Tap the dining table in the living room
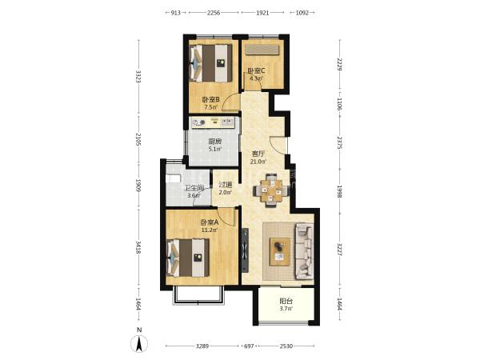(x=271, y=190)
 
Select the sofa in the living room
(x=304, y=251)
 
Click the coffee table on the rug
(x=280, y=251)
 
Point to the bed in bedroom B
(x=210, y=63)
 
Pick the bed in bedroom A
(x=188, y=258)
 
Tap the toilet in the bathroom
(x=173, y=178)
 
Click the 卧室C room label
(x=256, y=71)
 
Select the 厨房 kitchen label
(x=214, y=142)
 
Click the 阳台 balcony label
(x=286, y=301)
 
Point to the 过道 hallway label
(x=226, y=185)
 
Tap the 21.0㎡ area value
(x=258, y=162)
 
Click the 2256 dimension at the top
(x=214, y=13)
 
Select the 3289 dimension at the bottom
(x=202, y=346)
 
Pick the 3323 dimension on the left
(x=138, y=77)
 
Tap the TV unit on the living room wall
(x=245, y=250)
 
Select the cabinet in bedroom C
(x=262, y=50)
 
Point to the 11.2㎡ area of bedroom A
(x=210, y=230)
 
